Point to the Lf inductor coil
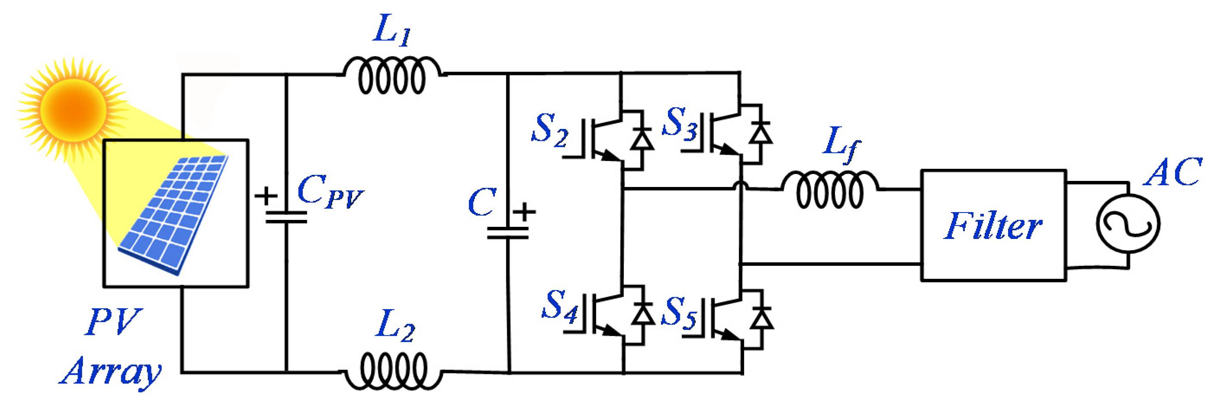(829, 190)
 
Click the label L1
(392, 30)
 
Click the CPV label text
(329, 191)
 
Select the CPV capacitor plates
(286, 218)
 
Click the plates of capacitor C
(508, 233)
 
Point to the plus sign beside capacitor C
(524, 211)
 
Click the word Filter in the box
(993, 226)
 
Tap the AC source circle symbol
(1128, 224)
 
